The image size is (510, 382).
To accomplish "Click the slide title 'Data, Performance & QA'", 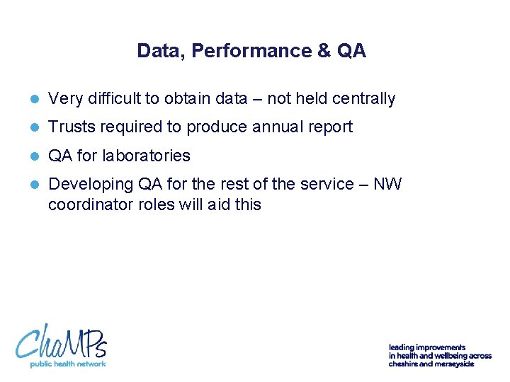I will [251, 51].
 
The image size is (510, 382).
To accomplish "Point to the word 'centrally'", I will [363, 99].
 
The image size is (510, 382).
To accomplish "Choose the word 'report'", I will [330, 127].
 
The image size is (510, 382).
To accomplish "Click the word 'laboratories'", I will [147, 156].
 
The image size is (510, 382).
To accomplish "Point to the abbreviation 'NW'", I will [387, 184].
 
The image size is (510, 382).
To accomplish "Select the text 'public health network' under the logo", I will [67, 364].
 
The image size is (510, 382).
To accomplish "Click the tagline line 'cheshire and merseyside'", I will [431, 364].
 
